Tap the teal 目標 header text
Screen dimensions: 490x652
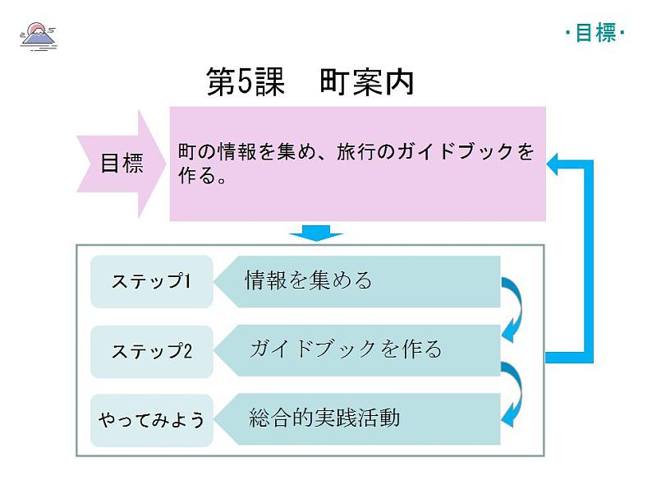click(x=595, y=33)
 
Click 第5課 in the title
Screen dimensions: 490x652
click(x=245, y=83)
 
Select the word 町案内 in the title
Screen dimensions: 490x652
click(x=368, y=83)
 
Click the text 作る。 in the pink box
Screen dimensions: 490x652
click(x=202, y=177)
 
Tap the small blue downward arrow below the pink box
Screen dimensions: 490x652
click(x=315, y=233)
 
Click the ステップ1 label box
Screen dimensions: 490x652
click(x=151, y=282)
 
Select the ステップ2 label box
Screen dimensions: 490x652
click(x=151, y=351)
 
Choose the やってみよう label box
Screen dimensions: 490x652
click(x=151, y=419)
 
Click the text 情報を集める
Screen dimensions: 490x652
click(x=309, y=281)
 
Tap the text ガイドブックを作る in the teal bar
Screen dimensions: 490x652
click(x=346, y=349)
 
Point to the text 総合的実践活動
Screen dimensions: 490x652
click(x=324, y=418)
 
